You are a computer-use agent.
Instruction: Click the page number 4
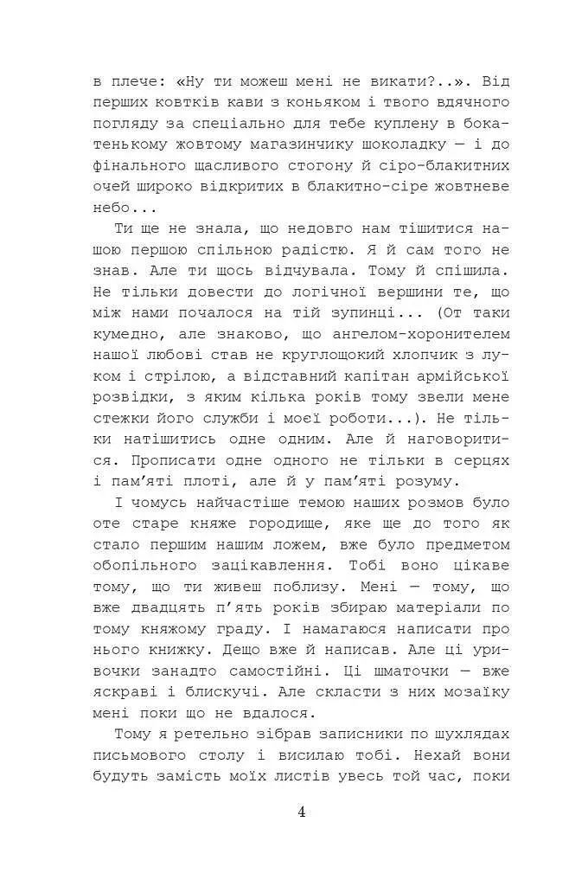(x=301, y=811)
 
